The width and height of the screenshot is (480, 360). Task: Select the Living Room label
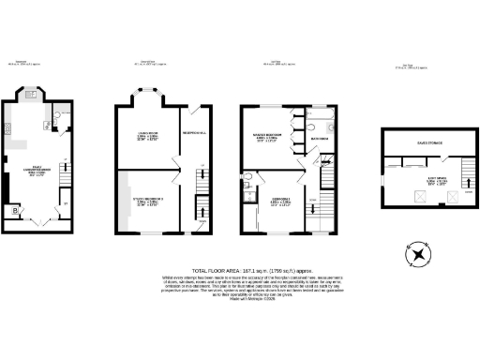144,133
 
